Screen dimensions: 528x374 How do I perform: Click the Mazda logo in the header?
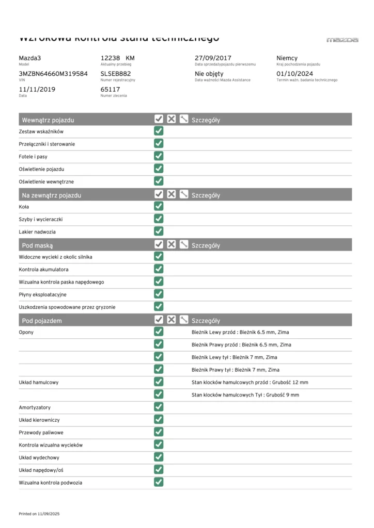(342, 40)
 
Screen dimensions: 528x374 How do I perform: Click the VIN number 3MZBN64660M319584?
(53, 74)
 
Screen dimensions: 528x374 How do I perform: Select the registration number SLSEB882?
(116, 74)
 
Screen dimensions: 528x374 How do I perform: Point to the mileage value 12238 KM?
(117, 58)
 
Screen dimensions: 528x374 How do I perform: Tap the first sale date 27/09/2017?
(213, 58)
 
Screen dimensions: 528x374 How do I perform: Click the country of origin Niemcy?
(287, 58)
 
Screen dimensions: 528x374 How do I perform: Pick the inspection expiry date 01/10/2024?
(295, 74)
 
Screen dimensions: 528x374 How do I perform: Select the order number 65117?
(110, 89)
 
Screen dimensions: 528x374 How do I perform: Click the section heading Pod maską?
(37, 245)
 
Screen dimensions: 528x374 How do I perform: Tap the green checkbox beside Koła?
(159, 206)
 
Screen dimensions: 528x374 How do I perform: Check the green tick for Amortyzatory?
(159, 407)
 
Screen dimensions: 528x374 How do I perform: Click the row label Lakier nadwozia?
(37, 232)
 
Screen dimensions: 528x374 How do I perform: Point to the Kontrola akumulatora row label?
(43, 270)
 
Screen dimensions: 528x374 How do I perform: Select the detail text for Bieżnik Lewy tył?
(234, 357)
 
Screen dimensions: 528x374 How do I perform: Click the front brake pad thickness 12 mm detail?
(250, 383)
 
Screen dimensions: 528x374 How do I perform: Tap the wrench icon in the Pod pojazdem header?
(184, 320)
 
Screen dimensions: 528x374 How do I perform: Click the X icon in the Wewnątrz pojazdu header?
(172, 119)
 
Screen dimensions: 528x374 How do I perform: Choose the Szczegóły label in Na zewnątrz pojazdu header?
(206, 195)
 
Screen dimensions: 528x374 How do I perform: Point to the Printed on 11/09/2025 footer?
(39, 514)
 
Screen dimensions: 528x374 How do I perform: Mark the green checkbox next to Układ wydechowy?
(159, 457)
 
